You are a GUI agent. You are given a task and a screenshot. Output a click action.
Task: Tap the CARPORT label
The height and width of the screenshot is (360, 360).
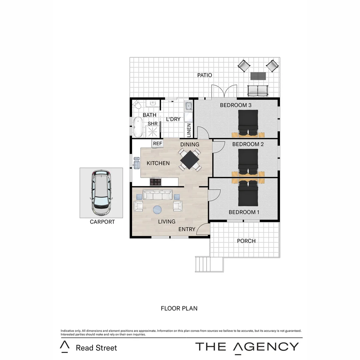102,222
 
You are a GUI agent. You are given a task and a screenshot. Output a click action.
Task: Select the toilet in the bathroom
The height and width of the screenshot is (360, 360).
137,105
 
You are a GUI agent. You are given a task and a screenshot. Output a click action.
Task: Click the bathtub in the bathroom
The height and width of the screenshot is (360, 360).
138,127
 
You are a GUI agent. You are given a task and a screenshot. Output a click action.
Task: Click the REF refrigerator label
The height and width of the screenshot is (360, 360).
157,144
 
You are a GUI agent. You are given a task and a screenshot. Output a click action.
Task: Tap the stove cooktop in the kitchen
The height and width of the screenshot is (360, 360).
156,182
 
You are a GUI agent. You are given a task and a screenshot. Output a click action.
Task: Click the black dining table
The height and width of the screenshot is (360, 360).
190,160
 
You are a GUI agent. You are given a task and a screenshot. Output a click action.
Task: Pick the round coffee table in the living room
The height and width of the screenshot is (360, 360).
157,210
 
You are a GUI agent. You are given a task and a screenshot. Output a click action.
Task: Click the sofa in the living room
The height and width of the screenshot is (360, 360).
158,195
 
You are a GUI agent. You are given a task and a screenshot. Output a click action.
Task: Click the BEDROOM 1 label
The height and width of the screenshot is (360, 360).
244,212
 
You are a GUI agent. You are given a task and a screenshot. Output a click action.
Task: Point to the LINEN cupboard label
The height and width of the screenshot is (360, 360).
189,130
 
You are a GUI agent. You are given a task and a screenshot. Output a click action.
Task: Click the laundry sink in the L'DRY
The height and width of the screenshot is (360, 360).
188,106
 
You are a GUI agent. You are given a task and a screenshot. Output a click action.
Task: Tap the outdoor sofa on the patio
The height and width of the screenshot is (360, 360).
258,90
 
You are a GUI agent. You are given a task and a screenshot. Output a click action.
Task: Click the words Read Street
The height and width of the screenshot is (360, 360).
96,348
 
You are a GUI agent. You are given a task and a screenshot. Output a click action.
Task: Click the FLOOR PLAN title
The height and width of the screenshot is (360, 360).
179,309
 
